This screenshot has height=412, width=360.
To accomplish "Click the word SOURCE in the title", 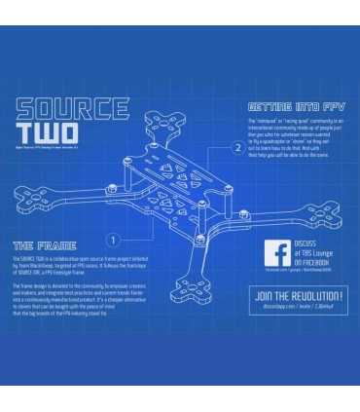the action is [73, 108].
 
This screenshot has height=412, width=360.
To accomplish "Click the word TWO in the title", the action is [47, 131].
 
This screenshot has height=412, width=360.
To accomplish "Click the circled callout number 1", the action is [114, 238].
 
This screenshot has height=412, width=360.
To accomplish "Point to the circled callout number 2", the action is [236, 148].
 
